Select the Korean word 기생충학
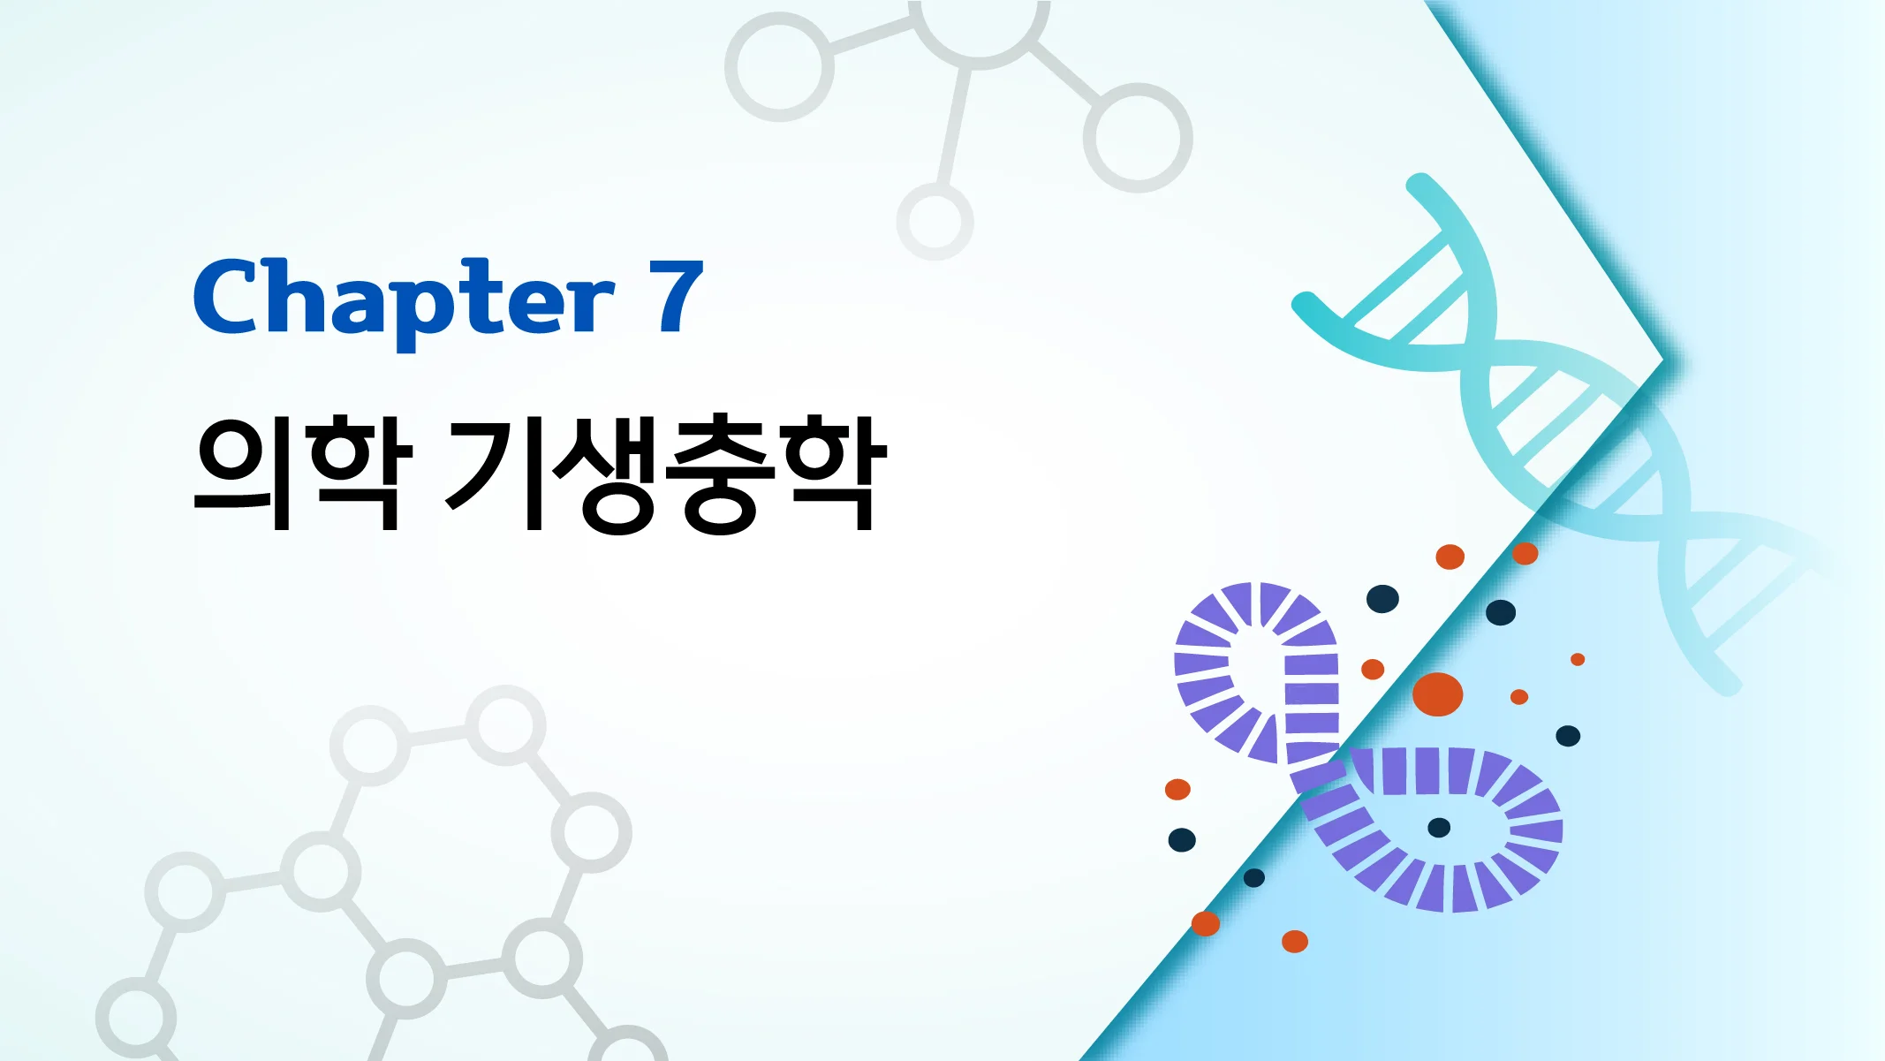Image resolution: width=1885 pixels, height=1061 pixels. (666, 473)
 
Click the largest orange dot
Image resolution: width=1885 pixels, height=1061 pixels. (1437, 693)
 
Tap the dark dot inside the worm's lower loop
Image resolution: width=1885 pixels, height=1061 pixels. (1439, 828)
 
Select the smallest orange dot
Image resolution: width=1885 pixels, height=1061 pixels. (1578, 659)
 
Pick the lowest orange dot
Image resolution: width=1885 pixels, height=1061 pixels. (1295, 942)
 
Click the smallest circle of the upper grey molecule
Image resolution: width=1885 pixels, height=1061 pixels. (935, 221)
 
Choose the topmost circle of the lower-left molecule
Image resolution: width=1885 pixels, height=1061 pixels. (505, 725)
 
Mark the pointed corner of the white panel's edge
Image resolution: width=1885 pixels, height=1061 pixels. (1662, 360)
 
